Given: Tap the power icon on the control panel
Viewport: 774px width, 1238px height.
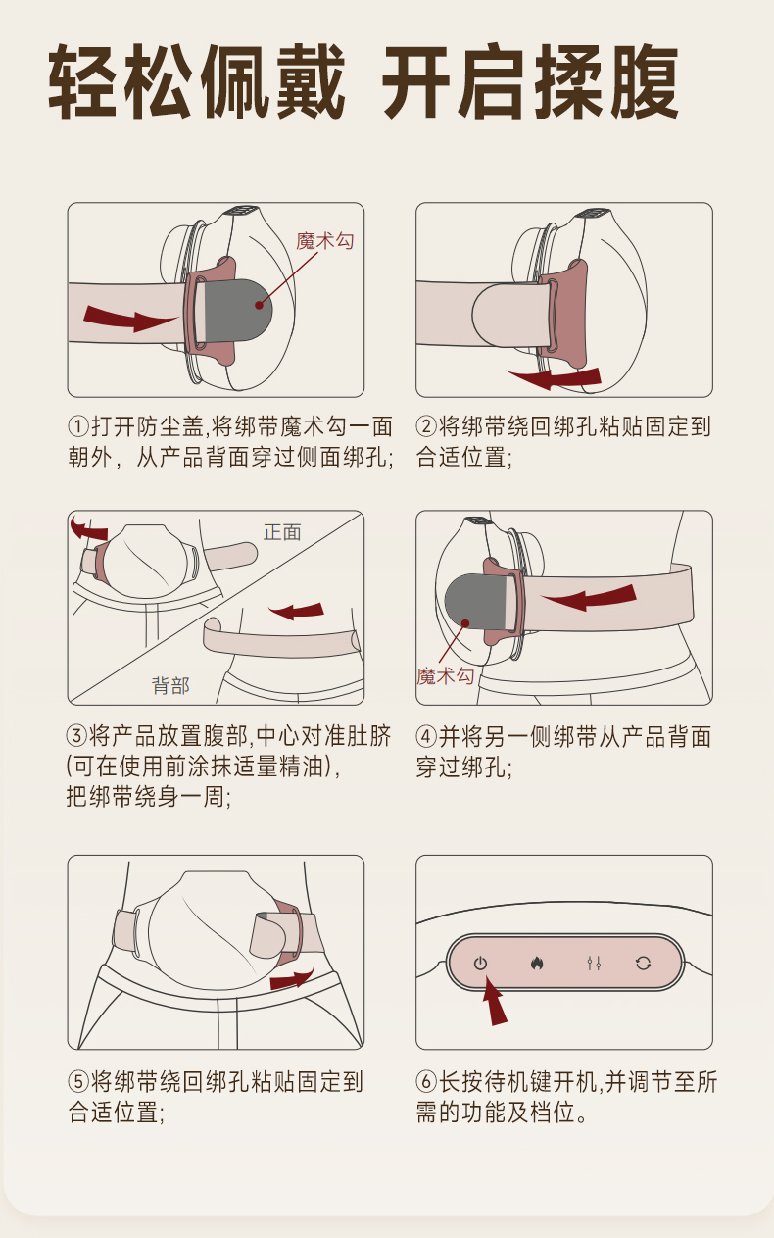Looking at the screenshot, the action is click(480, 964).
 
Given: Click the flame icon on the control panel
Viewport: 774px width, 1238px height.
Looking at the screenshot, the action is click(537, 964).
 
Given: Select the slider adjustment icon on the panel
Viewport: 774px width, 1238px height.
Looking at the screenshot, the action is click(594, 964).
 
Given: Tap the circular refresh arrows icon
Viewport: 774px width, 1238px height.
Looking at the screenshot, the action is click(643, 964).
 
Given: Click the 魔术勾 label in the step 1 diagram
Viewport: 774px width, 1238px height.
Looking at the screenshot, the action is click(325, 241).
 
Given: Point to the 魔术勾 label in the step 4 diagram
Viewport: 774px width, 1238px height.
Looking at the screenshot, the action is click(445, 676).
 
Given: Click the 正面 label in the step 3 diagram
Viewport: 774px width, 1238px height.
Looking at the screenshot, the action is click(282, 532).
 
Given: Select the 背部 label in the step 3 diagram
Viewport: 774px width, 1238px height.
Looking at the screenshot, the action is click(170, 686).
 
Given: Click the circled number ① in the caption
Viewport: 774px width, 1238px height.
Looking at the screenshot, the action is click(78, 426).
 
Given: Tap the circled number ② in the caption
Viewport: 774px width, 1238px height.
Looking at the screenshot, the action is click(426, 426).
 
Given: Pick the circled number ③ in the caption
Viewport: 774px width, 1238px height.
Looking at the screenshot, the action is click(77, 735).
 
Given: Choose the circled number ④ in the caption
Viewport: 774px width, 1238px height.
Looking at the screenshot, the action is click(426, 737).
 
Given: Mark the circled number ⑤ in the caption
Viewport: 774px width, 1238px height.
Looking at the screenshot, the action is click(78, 1081).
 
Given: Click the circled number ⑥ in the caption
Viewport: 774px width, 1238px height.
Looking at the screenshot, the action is click(426, 1081).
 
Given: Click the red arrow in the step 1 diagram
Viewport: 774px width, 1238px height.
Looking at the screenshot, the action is click(130, 319).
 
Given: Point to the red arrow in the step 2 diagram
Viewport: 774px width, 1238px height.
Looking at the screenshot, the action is click(556, 378).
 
